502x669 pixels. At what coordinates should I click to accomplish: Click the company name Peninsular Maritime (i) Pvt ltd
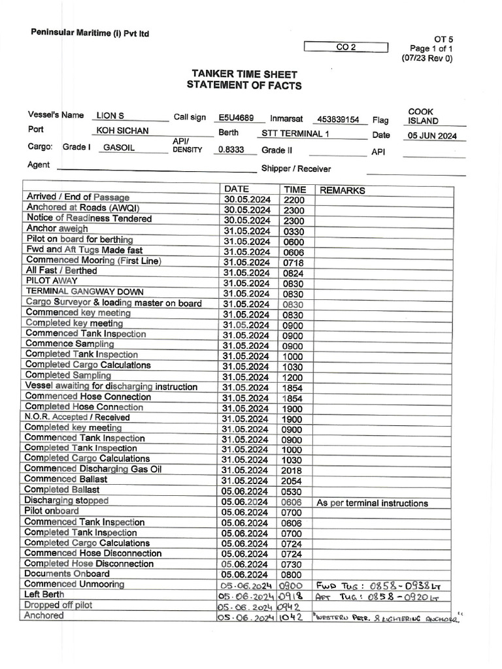click(x=90, y=33)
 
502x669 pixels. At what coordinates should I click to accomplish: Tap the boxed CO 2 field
click(x=346, y=47)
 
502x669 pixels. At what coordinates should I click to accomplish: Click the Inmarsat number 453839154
click(x=337, y=120)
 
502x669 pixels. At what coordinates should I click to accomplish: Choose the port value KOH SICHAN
click(x=122, y=131)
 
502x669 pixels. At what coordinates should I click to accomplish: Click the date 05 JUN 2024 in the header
click(x=433, y=136)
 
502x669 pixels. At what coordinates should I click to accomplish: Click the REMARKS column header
click(x=341, y=191)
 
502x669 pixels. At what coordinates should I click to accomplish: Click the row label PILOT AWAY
click(x=52, y=281)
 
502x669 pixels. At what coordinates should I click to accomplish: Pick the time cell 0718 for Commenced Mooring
click(x=293, y=262)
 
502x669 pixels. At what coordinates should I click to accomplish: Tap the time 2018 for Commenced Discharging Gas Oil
click(x=293, y=470)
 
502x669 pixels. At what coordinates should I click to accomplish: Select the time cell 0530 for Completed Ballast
click(x=293, y=491)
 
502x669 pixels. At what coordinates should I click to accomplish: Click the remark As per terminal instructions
click(x=372, y=503)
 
